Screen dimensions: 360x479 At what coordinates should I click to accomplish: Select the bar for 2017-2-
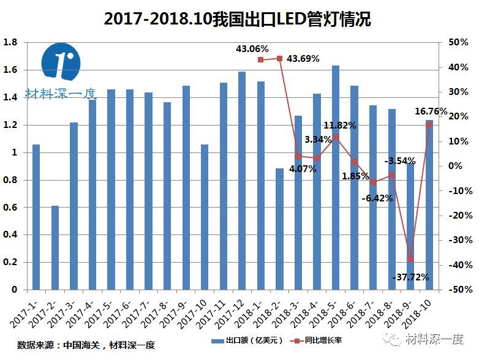[x=55, y=248]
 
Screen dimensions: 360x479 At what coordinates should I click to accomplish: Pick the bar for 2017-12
[x=242, y=181]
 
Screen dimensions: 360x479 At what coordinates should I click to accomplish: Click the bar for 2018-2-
[x=279, y=229]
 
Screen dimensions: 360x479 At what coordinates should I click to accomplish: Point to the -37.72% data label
[x=410, y=277]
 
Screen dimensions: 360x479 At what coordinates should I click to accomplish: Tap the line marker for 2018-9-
[x=410, y=259]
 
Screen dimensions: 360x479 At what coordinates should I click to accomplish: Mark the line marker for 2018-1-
[x=260, y=59]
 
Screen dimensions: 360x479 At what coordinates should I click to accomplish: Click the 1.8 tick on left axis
[x=10, y=43]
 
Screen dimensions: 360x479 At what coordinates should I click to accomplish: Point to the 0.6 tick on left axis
[x=10, y=208]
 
